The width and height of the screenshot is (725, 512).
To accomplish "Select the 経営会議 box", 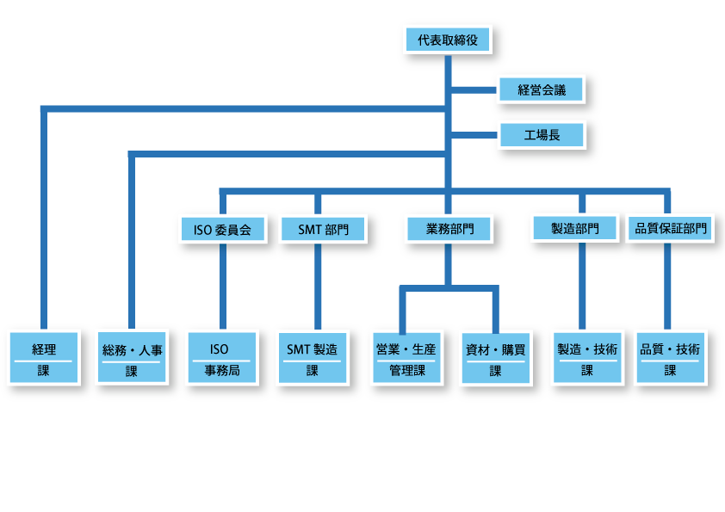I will [x=542, y=89].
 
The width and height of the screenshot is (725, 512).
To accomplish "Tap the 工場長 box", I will [x=542, y=134].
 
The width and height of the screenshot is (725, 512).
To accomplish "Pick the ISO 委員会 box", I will [x=222, y=230].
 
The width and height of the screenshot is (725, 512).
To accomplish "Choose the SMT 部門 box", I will [x=319, y=230].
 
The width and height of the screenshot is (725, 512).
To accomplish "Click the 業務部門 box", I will [x=449, y=229].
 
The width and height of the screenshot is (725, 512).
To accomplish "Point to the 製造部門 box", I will [x=575, y=228].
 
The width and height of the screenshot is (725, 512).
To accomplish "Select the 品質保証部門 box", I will [x=671, y=229].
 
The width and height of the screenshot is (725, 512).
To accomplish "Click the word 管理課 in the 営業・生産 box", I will [x=406, y=371].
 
